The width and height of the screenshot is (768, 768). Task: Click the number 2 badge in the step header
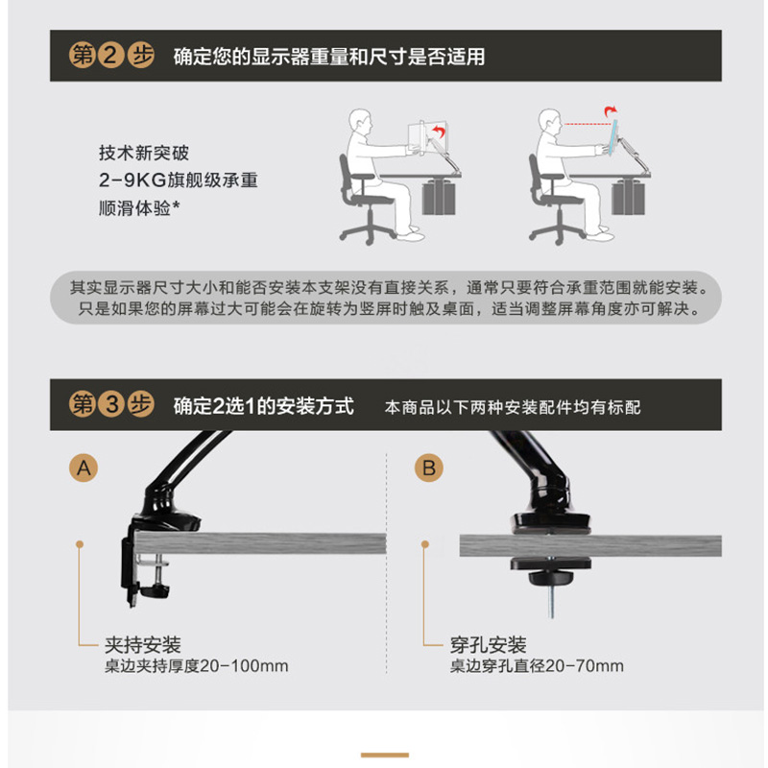(x=111, y=56)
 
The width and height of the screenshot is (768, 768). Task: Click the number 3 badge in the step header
(x=111, y=404)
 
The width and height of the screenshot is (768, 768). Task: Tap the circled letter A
(x=84, y=468)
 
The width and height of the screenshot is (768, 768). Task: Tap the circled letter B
(x=429, y=468)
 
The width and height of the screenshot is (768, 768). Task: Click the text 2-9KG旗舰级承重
(x=179, y=180)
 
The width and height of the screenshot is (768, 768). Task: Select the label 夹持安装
(x=143, y=644)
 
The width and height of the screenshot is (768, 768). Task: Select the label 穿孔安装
(x=489, y=644)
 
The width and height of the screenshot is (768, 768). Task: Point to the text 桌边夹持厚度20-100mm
(x=197, y=666)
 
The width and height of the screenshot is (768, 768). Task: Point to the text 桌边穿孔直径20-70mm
(x=537, y=666)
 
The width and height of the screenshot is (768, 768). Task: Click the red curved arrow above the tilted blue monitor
(x=611, y=111)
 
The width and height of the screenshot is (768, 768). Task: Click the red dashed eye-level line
(x=587, y=124)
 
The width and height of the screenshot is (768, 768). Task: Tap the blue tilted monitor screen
(x=612, y=137)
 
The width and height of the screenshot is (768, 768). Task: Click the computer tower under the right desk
(x=629, y=197)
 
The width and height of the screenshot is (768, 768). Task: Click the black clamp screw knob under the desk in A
(x=155, y=590)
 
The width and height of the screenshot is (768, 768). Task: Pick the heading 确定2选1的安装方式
(x=263, y=406)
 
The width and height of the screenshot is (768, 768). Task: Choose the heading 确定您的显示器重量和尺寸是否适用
(x=329, y=57)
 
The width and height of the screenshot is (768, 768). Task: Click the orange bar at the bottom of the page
(x=385, y=756)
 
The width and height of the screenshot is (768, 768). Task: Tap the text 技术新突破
(x=143, y=153)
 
